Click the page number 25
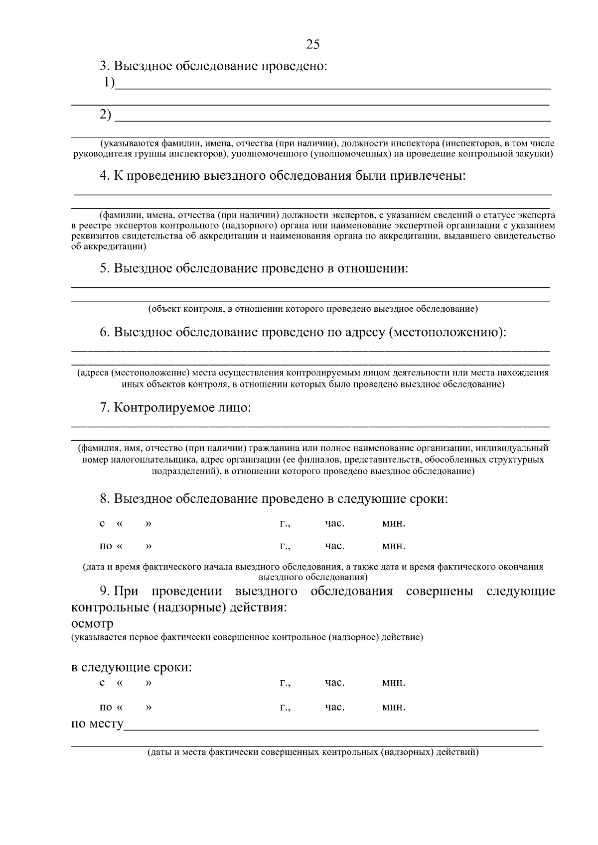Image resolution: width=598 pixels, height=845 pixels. [x=312, y=44]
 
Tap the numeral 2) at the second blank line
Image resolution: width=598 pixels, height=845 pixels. [x=106, y=115]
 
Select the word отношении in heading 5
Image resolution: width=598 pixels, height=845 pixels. [x=373, y=268]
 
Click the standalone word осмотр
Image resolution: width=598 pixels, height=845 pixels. [x=92, y=623]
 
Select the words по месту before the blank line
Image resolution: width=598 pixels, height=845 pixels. [x=97, y=723]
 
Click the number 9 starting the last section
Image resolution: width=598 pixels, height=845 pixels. [x=104, y=591]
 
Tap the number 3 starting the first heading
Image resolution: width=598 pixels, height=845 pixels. [x=104, y=66]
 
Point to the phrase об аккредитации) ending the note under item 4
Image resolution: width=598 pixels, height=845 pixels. [x=109, y=246]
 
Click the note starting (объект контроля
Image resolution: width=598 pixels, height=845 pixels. [x=313, y=309]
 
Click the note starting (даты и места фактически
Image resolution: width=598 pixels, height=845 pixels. [x=313, y=752]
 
